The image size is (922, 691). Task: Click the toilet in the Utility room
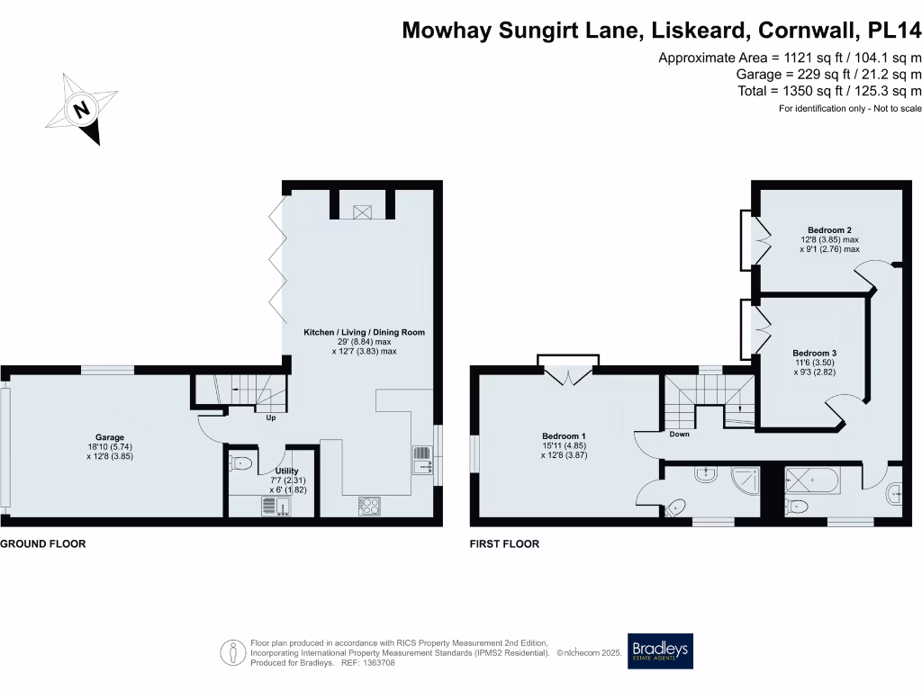[240, 463]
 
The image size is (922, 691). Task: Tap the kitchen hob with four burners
[370, 507]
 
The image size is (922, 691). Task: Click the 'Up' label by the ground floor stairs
[269, 417]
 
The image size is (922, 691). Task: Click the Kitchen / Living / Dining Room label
[364, 332]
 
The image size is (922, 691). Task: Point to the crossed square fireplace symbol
[363, 211]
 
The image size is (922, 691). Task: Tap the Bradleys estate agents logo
[661, 651]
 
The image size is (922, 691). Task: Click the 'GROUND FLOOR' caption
[43, 544]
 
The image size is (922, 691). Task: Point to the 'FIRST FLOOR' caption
[504, 544]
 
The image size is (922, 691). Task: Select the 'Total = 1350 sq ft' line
[828, 91]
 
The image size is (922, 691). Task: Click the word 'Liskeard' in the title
[685, 31]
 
